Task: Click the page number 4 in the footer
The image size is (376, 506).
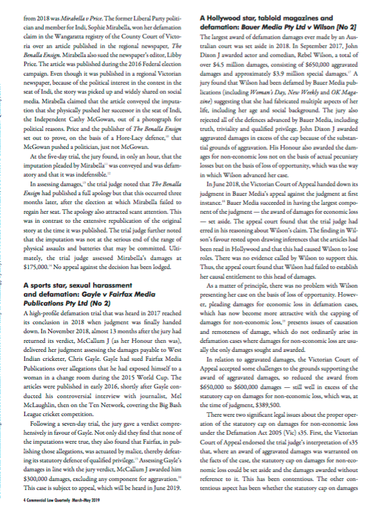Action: point(22,498)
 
